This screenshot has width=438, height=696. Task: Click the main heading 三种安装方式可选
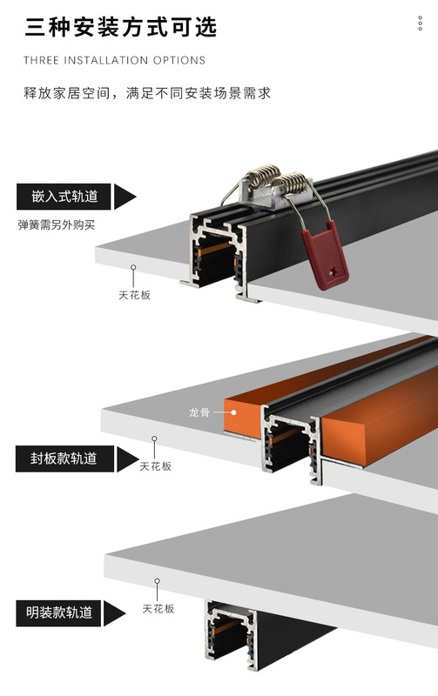[x=121, y=28]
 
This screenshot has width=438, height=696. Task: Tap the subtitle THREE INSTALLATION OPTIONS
[x=115, y=60]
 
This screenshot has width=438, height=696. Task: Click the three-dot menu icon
[x=421, y=23]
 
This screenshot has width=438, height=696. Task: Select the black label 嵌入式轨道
[x=64, y=197]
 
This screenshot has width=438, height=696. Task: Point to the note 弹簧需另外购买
[x=57, y=225]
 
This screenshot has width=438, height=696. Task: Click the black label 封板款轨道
[x=64, y=458]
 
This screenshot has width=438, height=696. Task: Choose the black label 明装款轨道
[x=58, y=613]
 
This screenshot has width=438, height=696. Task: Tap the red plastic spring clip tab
[x=325, y=256]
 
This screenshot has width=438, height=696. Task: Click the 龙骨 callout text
[x=199, y=412]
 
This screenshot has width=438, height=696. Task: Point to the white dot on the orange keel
[x=233, y=412]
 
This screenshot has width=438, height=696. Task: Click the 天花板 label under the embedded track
[x=135, y=295]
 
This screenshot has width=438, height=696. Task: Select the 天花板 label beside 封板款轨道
[x=156, y=466]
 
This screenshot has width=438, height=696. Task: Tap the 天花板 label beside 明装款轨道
[x=158, y=608]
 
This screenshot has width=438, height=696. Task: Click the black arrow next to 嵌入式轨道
[x=125, y=197]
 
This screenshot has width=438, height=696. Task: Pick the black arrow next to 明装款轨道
[x=114, y=613]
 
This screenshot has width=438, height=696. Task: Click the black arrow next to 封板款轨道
[x=127, y=459]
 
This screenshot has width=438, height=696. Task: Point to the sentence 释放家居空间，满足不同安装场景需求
[x=147, y=93]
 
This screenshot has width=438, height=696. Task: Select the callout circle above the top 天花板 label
[x=133, y=268]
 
